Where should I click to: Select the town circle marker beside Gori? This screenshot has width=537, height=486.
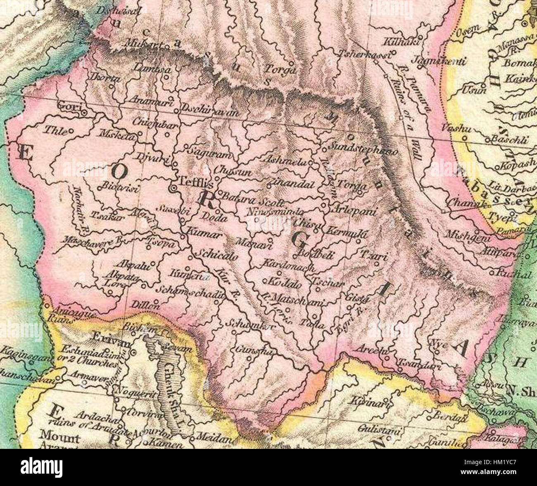pos(84,112)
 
